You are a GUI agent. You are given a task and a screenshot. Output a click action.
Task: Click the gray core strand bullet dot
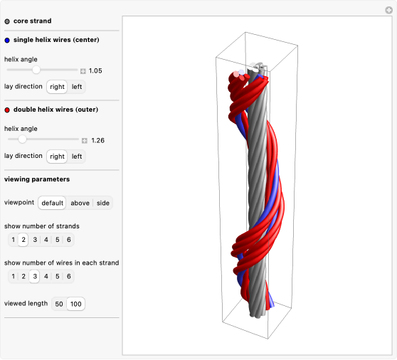[x=7, y=21]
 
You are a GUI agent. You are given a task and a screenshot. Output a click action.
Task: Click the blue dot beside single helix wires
[x=7, y=41]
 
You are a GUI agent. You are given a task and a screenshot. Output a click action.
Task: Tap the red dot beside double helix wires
[x=7, y=110]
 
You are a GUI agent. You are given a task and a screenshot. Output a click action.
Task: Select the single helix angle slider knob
[x=36, y=70]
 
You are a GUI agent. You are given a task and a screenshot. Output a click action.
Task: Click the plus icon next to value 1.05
[x=83, y=71]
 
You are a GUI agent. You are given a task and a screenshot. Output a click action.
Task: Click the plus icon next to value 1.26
[x=85, y=140]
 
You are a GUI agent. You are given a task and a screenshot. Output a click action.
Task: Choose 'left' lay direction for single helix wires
[x=77, y=87]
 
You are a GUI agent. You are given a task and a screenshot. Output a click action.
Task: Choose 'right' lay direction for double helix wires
[x=57, y=157]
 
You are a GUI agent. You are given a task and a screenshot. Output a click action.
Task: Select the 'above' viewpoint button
[x=80, y=203]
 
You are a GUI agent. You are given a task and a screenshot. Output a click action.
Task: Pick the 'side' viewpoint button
[x=102, y=203]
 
